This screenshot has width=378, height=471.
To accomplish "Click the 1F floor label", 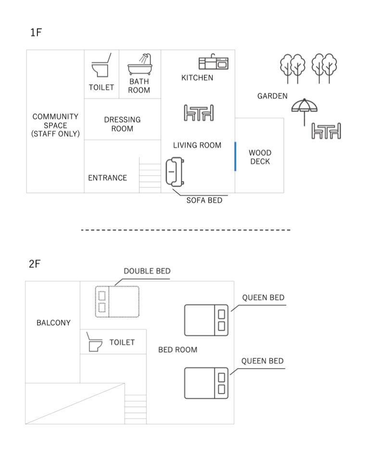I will click(x=36, y=33).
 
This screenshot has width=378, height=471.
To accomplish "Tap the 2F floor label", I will click(x=35, y=264).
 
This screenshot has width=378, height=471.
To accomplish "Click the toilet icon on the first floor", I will click(x=101, y=66).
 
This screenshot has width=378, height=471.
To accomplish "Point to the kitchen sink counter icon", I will click(x=213, y=63).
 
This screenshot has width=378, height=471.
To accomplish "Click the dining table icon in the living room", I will click(x=199, y=113).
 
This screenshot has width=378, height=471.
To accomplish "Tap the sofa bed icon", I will click(x=174, y=171).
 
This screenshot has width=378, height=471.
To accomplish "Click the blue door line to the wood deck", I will click(x=235, y=156).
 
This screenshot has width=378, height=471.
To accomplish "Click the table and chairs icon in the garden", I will click(x=326, y=131).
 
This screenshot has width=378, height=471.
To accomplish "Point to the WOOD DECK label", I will click(x=260, y=157).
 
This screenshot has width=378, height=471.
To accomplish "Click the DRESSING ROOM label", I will click(x=122, y=124).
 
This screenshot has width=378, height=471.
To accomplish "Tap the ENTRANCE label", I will click(x=108, y=178).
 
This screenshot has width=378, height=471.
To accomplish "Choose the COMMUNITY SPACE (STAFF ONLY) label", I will click(x=55, y=125).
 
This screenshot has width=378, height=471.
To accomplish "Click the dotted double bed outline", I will click(x=117, y=301).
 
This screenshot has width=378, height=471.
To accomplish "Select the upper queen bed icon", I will click(x=206, y=320).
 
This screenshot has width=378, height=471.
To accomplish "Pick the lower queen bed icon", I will click(x=206, y=383).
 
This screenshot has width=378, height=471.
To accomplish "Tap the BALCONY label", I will click(x=53, y=323).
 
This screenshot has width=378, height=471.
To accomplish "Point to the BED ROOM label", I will click(x=177, y=350).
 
